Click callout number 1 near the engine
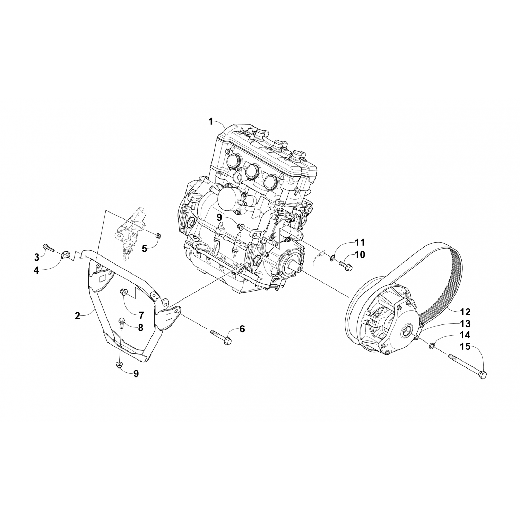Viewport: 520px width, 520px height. pyautogui.click(x=210, y=121)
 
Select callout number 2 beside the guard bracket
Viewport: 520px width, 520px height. pyautogui.click(x=77, y=315)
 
